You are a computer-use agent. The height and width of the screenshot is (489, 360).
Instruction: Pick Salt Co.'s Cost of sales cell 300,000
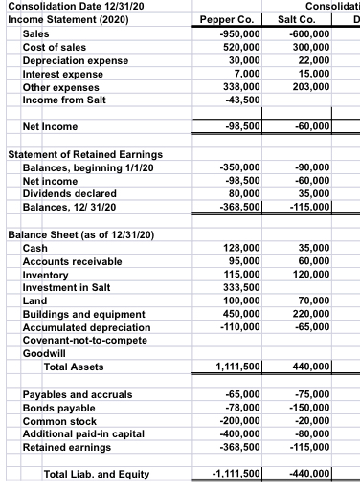click(x=308, y=47)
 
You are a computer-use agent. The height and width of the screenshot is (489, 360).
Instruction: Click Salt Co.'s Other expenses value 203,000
click(x=308, y=87)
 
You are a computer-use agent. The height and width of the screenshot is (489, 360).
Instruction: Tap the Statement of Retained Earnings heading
click(x=84, y=154)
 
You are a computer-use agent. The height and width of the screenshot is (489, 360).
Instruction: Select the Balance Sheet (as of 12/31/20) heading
click(x=81, y=234)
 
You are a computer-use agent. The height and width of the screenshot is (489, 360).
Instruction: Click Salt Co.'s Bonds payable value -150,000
click(x=306, y=408)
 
